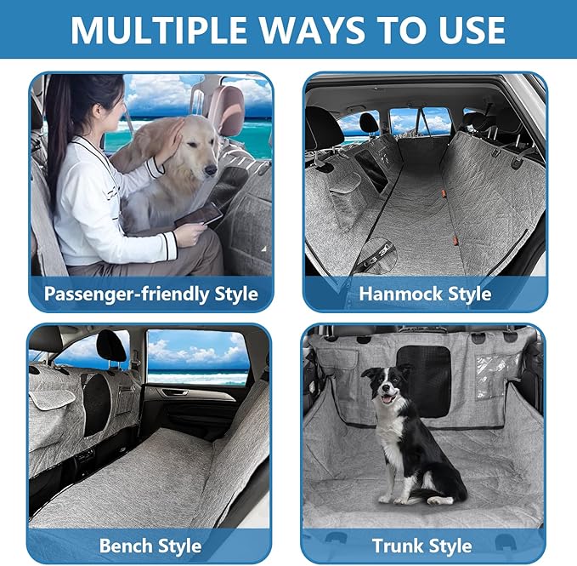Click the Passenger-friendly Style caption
151,294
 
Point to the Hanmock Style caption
425,294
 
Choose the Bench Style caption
150,546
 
